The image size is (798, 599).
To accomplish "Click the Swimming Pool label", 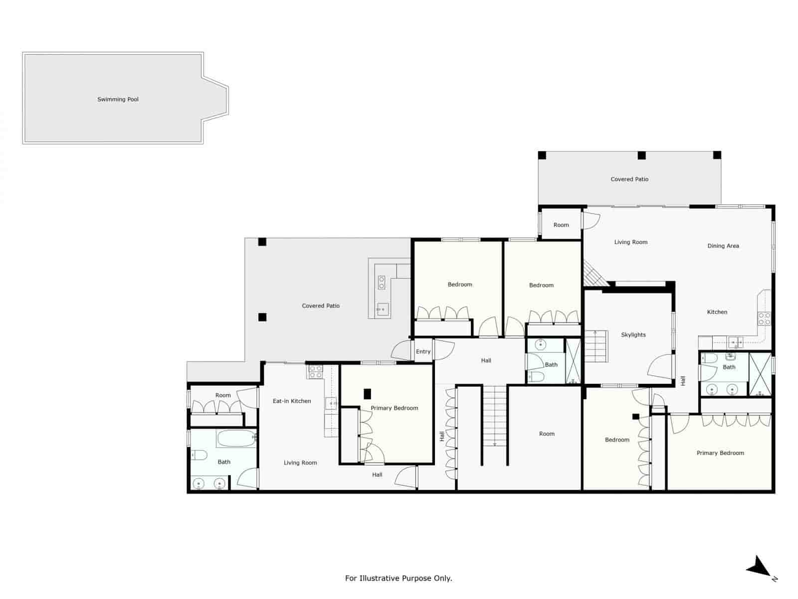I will click(118, 99).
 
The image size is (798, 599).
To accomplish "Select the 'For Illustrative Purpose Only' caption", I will click(399, 578).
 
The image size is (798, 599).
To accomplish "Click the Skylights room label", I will click(633, 335).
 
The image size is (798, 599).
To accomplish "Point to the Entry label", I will click(423, 351).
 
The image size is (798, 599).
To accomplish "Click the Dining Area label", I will click(723, 246).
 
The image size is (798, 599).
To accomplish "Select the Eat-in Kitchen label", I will click(292, 401).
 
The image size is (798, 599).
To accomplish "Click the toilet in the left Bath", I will click(199, 455).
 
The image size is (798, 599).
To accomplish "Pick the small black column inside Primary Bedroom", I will click(367, 394).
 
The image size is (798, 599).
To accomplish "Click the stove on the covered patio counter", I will click(382, 283).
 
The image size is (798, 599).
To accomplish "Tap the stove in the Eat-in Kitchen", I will click(315, 371).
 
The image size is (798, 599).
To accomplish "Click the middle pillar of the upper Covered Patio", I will click(641, 155).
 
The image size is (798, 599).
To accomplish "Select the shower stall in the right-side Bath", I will click(760, 374).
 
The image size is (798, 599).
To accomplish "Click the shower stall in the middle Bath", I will click(573, 361).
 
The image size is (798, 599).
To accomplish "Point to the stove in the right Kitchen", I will click(764, 318).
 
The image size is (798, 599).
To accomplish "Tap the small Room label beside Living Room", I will click(561, 225).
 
